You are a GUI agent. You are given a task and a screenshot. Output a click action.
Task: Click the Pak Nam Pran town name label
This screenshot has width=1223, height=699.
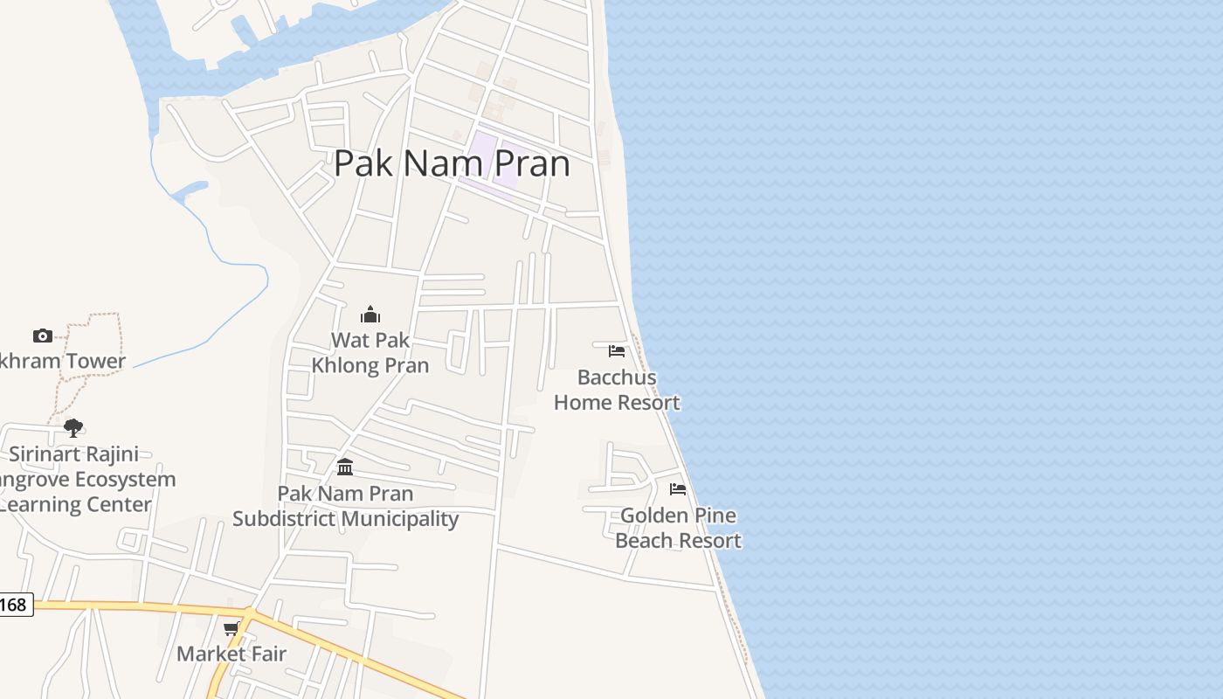(x=452, y=163)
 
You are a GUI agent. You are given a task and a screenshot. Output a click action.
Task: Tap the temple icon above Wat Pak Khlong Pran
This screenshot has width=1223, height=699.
(x=370, y=315)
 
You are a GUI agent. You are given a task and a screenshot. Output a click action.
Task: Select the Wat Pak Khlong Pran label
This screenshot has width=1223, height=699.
(x=370, y=353)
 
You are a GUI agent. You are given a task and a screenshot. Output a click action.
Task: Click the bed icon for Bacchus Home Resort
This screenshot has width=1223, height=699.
(x=617, y=351)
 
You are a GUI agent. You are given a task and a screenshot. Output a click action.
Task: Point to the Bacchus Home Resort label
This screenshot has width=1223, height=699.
(x=617, y=390)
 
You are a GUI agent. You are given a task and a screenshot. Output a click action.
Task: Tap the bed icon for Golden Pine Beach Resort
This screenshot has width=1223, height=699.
(x=678, y=489)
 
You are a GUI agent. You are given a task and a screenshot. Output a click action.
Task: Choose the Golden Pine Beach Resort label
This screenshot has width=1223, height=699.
(x=678, y=528)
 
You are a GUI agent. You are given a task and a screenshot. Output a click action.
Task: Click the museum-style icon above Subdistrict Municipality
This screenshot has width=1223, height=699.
(x=345, y=467)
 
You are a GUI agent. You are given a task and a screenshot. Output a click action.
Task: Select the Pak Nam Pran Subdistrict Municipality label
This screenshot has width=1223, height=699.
(x=345, y=506)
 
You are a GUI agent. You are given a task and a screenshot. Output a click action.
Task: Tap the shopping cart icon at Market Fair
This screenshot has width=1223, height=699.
(x=231, y=629)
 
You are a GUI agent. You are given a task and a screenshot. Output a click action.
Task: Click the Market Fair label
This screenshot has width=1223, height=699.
(x=231, y=654)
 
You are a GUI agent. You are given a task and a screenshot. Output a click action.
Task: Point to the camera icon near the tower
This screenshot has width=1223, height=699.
(x=43, y=336)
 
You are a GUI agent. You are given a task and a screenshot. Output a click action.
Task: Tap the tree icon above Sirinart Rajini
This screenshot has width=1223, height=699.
(x=73, y=428)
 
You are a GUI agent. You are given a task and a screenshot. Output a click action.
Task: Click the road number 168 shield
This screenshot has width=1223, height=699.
(x=14, y=605)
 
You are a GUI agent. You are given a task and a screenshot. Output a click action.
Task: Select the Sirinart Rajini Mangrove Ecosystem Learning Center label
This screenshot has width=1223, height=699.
(x=79, y=479)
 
